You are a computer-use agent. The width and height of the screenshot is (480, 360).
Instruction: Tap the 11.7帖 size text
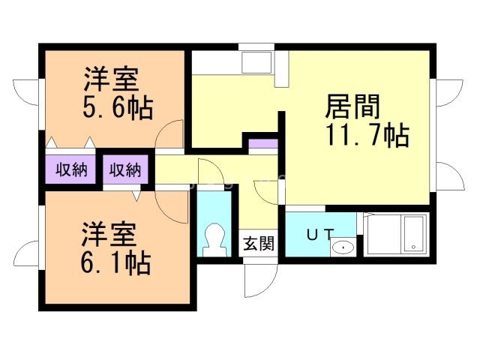tap(367, 136)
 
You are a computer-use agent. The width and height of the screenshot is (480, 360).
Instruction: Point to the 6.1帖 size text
tap(116, 263)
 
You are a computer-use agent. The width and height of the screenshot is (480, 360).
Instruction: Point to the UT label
tap(319, 233)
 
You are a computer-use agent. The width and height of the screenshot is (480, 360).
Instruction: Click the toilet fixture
tap(215, 239)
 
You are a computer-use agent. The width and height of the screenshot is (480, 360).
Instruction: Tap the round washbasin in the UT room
tap(343, 246)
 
